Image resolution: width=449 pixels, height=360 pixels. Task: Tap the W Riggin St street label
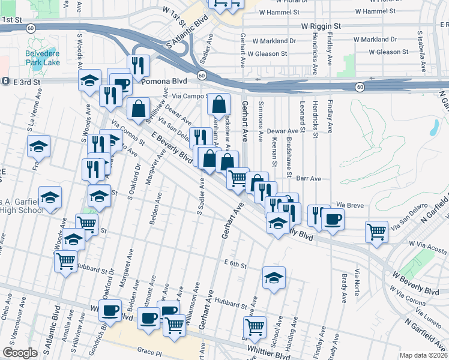[321, 26]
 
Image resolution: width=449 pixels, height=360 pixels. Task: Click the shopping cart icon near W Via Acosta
[376, 230]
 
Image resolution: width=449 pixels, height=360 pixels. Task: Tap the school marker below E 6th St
[274, 278]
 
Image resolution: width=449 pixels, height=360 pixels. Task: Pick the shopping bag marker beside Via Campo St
[219, 104]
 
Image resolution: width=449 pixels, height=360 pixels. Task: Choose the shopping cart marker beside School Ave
[255, 328]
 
